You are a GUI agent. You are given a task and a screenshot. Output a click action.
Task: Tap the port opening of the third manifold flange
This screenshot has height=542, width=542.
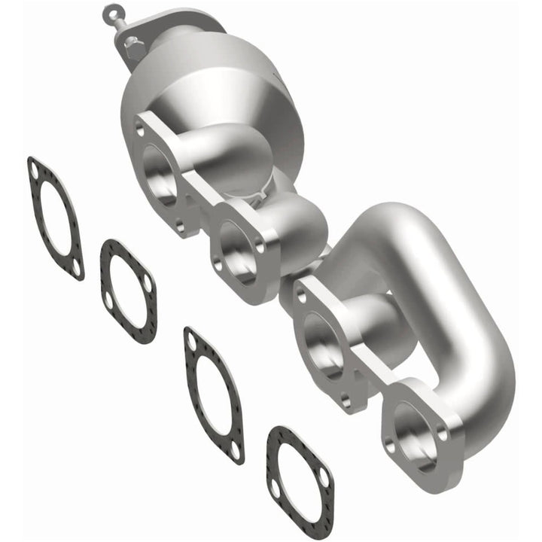[324, 339]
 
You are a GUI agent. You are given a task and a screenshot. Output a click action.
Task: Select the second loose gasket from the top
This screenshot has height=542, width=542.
[129, 291]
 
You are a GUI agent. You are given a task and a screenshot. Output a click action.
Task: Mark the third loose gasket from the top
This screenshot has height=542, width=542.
[215, 394]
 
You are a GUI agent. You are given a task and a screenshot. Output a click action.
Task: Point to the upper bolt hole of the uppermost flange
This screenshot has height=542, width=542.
[139, 130]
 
